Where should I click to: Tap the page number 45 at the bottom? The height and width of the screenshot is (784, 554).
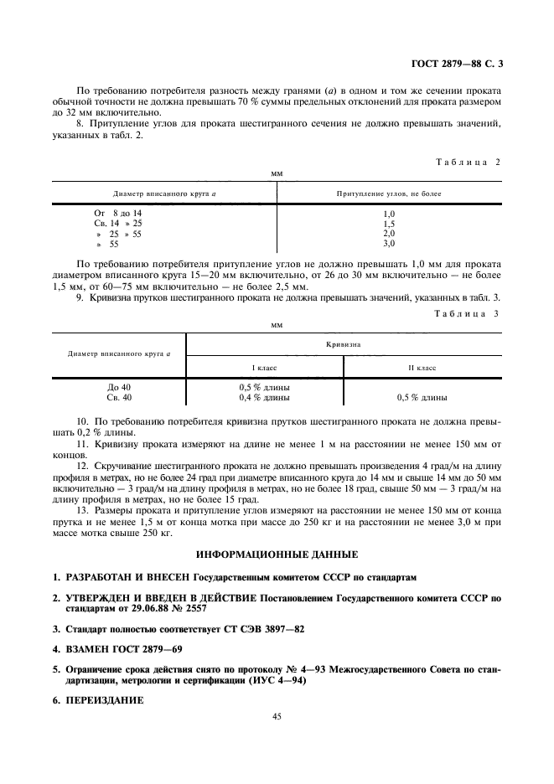click(277, 716)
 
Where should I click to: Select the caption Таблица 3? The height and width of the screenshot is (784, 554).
click(467, 313)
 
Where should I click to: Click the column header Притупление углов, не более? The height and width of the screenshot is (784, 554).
click(388, 193)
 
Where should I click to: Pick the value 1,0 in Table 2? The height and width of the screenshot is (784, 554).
click(388, 214)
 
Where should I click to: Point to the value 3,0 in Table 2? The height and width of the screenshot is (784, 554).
click(388, 244)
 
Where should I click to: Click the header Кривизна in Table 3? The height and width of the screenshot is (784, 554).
click(344, 343)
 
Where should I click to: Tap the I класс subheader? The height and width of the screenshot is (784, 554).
click(265, 368)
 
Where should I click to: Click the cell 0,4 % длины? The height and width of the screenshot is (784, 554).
click(265, 398)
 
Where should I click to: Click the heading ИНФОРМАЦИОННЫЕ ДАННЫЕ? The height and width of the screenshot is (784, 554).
click(277, 554)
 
